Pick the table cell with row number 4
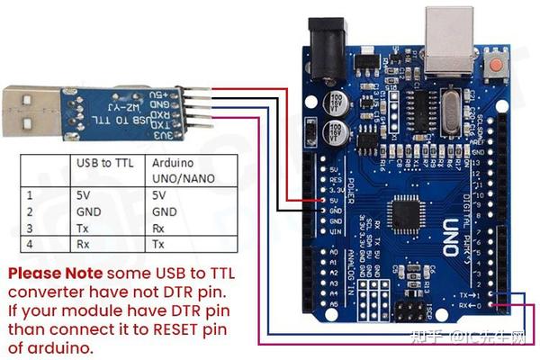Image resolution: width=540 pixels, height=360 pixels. click(x=31, y=244)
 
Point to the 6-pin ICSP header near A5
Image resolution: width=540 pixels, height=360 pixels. click(x=413, y=310)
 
